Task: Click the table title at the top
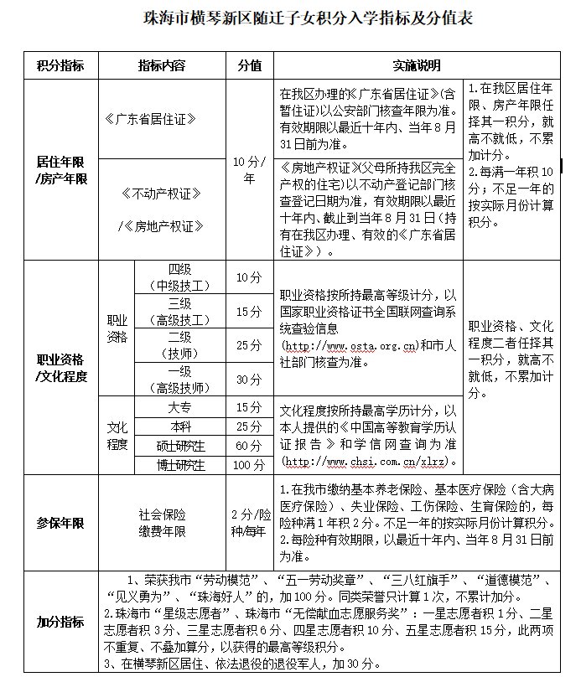coord(290,18)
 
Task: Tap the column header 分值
coord(249,65)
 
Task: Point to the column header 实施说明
coord(417,65)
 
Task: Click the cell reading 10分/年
coord(249,168)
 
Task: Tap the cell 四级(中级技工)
coord(180,276)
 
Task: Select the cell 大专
coord(180,407)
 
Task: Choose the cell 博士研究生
coord(180,464)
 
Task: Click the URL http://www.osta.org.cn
coord(350,345)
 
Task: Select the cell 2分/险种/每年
coord(249,523)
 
